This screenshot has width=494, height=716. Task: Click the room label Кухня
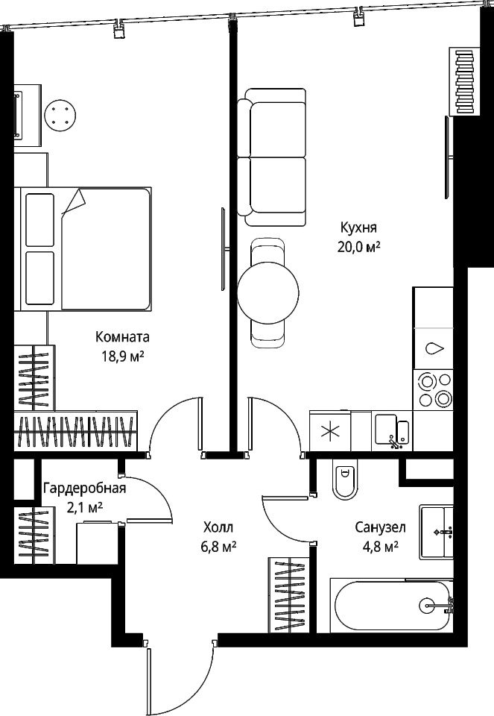[x=358, y=228]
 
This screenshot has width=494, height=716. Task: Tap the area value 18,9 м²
[x=123, y=356]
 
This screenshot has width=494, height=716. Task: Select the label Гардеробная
[x=84, y=489]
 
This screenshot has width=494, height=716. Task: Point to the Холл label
[x=218, y=528]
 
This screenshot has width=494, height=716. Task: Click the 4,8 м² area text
[x=381, y=547]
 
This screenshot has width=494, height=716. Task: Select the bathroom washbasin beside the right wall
[x=437, y=532]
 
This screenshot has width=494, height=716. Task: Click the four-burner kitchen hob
[x=432, y=389]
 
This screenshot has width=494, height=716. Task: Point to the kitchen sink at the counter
[x=392, y=431]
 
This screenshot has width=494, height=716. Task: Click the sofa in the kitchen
[x=272, y=157]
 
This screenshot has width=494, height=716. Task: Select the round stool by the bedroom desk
[x=60, y=115]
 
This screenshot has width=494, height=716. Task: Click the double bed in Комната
[x=83, y=249]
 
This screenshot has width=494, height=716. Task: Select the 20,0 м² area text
[x=359, y=247]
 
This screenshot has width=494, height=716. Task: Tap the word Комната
[x=123, y=337]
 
